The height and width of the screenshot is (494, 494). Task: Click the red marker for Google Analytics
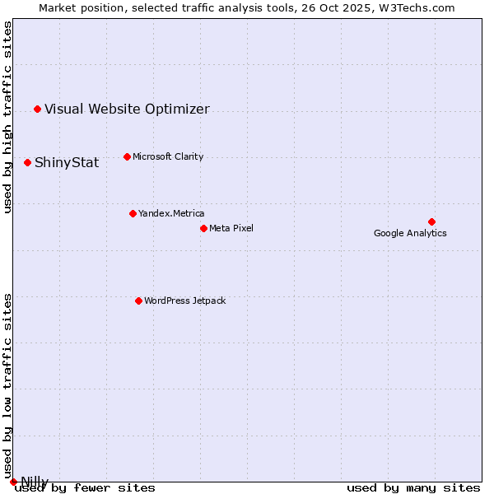pos(431,221)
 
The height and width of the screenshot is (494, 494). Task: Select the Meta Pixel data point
pos(203,228)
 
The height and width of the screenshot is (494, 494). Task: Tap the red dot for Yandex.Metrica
pos(133,213)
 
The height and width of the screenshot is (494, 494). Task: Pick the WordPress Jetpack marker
pos(138,301)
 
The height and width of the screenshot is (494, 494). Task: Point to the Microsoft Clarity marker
pos(127,156)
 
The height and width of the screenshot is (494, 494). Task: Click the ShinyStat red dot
pos(27,162)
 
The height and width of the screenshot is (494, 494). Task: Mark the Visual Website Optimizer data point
pos(37,109)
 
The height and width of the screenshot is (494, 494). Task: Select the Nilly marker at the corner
pos(13,482)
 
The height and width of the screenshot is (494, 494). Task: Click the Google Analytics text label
pos(410,233)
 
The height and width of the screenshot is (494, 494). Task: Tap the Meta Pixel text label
pos(231,228)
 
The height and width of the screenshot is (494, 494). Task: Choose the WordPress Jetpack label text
pos(184,301)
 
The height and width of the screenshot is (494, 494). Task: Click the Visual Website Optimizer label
pos(127,109)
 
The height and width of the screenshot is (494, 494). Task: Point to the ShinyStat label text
pos(67,162)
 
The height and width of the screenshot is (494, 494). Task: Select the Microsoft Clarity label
pos(168,156)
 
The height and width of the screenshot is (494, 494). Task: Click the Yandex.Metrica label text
pos(171,213)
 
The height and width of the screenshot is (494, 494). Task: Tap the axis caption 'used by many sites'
pos(413,487)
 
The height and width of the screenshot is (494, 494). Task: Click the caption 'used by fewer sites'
pos(86,487)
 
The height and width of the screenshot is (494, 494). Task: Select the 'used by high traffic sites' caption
pos(8,117)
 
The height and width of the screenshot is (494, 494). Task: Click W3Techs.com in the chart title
pos(417,7)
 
